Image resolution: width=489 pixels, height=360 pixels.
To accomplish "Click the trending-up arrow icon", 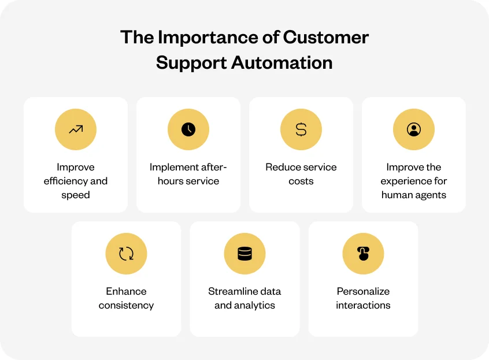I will [76, 129].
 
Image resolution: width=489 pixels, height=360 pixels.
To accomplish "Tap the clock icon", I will [188, 129].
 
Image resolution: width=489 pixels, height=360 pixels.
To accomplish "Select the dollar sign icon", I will [301, 129].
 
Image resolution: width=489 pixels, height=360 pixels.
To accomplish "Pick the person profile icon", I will [414, 129].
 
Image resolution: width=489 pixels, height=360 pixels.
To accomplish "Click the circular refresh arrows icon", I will [126, 254].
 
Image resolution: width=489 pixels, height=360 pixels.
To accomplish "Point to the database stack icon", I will [244, 254].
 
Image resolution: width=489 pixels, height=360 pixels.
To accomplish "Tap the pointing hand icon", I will [363, 254].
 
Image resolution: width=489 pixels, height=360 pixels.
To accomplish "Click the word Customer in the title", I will [326, 38].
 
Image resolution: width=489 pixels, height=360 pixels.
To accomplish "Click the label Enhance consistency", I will [126, 298].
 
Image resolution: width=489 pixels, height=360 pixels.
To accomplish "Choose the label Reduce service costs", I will [301, 174].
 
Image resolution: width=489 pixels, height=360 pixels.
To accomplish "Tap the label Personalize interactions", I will [363, 298].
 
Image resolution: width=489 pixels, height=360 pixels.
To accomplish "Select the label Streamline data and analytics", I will [244, 298].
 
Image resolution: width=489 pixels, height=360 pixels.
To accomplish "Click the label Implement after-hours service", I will [188, 174].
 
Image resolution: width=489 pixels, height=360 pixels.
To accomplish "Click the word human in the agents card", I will [395, 195].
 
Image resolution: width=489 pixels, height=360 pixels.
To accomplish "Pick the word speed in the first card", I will [76, 195].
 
